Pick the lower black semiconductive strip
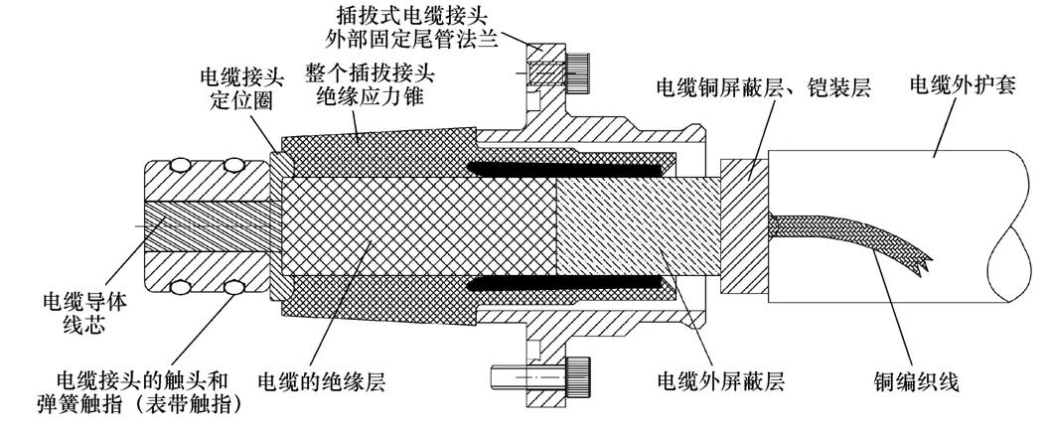pos(566,283)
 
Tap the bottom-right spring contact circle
pos(234,287)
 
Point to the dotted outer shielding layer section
pos(616,224)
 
